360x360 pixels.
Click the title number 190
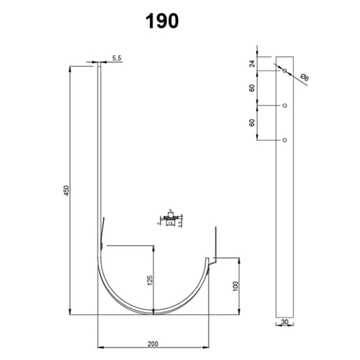point(163,21)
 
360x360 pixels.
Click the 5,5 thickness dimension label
point(116,59)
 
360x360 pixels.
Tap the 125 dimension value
point(149,281)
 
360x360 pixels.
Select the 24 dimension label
point(252,63)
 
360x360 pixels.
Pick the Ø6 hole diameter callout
point(304,78)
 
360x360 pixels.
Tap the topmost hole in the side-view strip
point(284,69)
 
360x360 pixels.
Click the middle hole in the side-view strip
point(284,106)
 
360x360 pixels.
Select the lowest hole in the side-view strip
point(284,140)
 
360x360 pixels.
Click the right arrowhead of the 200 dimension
point(210,345)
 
